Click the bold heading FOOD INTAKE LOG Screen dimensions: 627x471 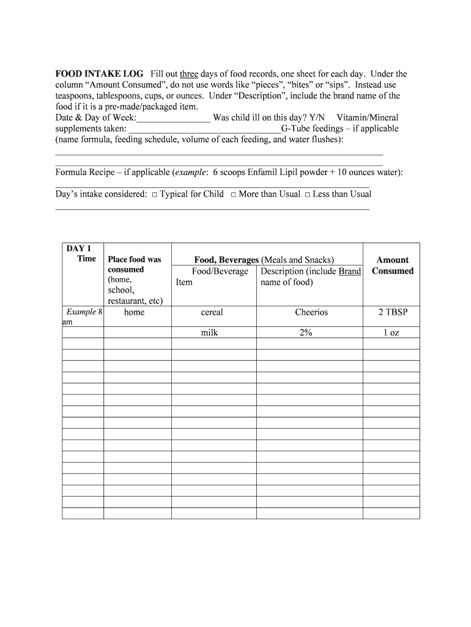tap(100, 74)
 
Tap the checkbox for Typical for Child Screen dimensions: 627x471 tap(155, 195)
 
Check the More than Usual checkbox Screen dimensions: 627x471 tap(234, 195)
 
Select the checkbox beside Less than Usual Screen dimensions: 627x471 tap(308, 195)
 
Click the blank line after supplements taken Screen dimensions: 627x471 tap(205, 129)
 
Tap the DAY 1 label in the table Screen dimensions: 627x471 tap(78, 249)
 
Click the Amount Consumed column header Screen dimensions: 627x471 tap(392, 265)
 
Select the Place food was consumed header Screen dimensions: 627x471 tap(135, 265)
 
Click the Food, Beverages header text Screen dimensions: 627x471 tap(226, 260)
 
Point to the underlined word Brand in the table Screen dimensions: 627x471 tap(349, 271)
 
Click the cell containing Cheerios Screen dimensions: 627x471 tap(311, 312)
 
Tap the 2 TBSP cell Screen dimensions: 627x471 tap(391, 312)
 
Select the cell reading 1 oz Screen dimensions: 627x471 tap(391, 333)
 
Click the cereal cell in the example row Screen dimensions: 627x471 tap(212, 312)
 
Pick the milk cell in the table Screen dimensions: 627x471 tap(210, 333)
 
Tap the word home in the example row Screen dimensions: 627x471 tap(134, 312)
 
